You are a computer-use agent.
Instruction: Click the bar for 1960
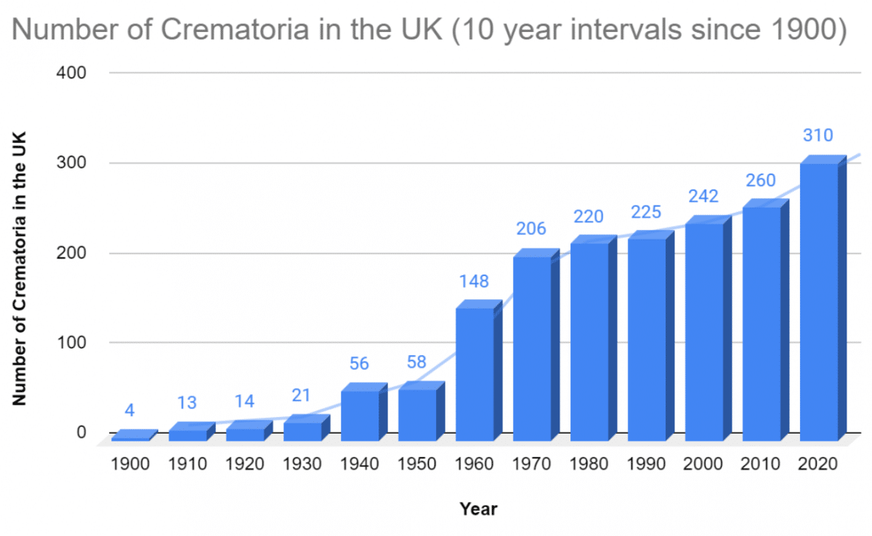475,374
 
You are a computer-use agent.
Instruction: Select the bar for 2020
819,301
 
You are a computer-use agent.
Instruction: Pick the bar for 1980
589,341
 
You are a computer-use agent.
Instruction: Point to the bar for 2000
704,332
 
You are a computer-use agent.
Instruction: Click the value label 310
817,136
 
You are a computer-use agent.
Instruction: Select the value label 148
474,281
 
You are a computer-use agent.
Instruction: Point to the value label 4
129,410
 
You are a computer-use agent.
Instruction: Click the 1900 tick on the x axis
130,463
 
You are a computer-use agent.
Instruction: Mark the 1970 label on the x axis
532,463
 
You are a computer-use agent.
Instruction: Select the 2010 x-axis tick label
762,463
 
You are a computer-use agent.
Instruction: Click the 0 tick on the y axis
81,432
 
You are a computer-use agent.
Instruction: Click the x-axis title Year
478,509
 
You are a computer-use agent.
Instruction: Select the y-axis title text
20,269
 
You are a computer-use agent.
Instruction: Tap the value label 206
531,230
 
